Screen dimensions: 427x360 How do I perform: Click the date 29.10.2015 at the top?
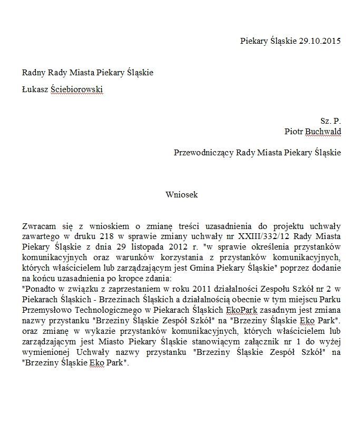(320, 41)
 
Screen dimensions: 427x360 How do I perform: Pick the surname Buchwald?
(323, 131)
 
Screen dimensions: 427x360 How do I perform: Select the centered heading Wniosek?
(181, 195)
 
